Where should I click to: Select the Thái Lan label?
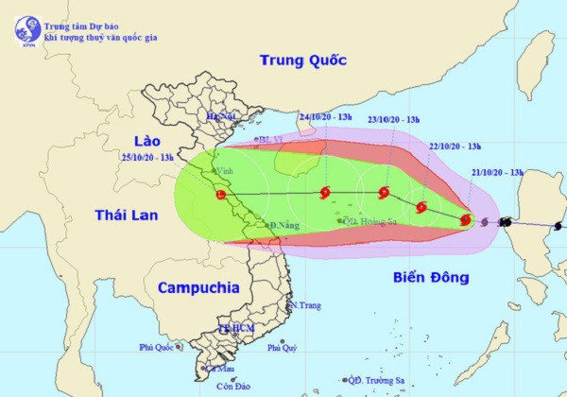click(x=126, y=216)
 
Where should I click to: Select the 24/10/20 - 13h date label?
click(x=324, y=117)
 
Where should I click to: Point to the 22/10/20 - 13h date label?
click(x=455, y=146)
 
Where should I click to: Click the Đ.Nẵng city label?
click(x=284, y=226)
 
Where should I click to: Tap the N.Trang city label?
click(x=306, y=305)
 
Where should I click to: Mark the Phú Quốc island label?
click(x=158, y=348)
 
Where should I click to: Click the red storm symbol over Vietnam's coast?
click(x=220, y=195)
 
